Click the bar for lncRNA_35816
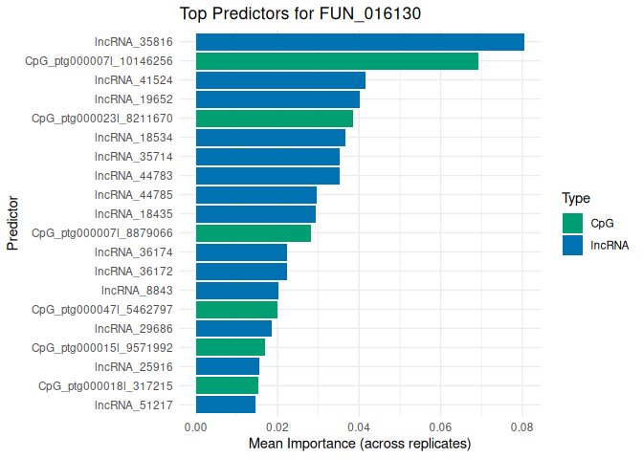click(360, 42)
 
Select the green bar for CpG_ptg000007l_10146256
click(337, 61)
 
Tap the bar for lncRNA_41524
click(280, 80)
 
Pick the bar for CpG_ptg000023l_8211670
click(275, 119)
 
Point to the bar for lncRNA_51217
click(226, 405)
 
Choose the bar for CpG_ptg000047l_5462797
click(236, 310)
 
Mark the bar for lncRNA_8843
click(237, 291)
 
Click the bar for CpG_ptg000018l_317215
click(227, 386)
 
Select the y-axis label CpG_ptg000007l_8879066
click(102, 233)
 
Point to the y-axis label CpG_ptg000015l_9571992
click(102, 348)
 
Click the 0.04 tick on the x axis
click(359, 426)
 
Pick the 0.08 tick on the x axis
click(522, 426)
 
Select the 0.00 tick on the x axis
click(196, 426)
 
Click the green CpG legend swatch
click(573, 223)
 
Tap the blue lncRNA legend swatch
click(573, 245)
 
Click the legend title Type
click(575, 199)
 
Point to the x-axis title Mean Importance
click(360, 444)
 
